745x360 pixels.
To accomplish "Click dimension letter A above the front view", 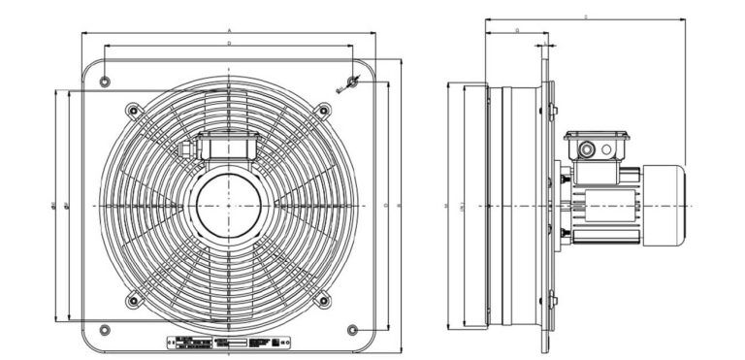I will [x=229, y=31].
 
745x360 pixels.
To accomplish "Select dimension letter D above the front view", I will [x=229, y=44].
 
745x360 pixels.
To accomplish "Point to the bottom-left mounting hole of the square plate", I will [x=105, y=330].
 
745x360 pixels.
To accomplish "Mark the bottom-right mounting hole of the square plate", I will [x=352, y=330].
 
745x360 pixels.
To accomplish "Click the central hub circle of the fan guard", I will [x=228, y=206].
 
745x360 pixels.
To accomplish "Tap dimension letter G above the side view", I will [x=517, y=31].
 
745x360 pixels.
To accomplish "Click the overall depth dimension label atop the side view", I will [x=586, y=17].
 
